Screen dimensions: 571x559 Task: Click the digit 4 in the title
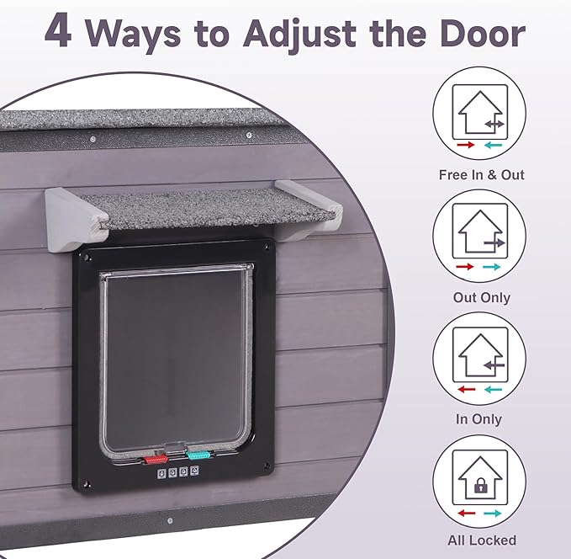58,32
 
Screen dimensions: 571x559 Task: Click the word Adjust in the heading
299,34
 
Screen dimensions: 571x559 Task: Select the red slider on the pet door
156,459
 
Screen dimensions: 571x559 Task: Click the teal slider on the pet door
198,455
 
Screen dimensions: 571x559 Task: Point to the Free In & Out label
481,175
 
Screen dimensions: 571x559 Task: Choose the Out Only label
481,297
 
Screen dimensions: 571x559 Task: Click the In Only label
478,419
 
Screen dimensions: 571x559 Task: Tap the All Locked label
482,540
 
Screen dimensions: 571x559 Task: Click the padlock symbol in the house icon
480,485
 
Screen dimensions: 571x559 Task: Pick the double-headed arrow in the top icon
494,124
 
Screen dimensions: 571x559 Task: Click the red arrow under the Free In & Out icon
466,145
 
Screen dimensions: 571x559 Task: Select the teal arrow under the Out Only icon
492,267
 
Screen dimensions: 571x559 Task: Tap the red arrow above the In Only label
467,390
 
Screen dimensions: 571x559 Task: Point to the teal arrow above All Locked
492,514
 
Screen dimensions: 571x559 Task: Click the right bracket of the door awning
309,210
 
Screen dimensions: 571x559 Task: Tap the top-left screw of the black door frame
87,258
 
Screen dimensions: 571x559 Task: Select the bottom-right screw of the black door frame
267,466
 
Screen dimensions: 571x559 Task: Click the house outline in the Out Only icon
480,231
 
